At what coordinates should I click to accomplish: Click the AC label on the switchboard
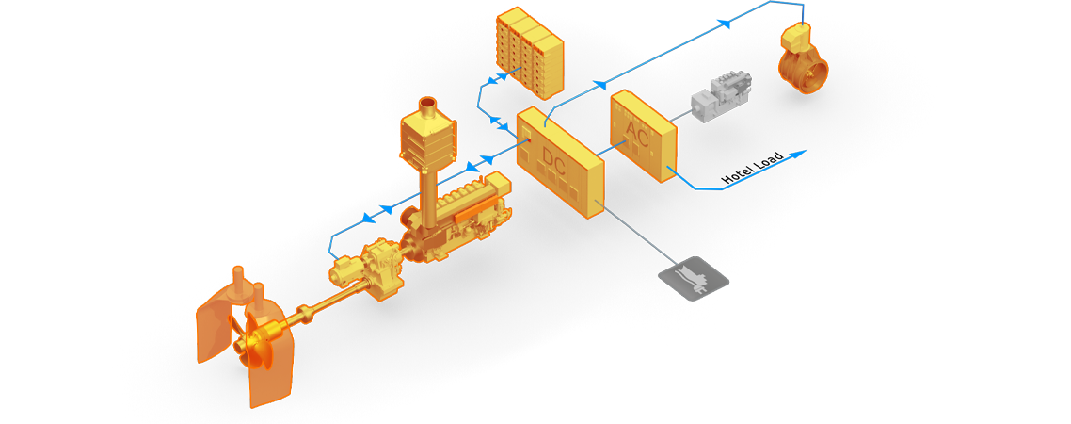[x=637, y=138]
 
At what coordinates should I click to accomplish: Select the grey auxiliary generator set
[x=720, y=95]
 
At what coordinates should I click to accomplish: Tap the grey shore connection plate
[x=694, y=279]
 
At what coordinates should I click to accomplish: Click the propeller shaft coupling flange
[x=305, y=314]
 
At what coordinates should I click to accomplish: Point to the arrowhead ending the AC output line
[x=799, y=153]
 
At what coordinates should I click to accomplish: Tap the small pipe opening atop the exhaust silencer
[x=427, y=102]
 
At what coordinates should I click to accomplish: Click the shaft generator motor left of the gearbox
[x=345, y=272]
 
